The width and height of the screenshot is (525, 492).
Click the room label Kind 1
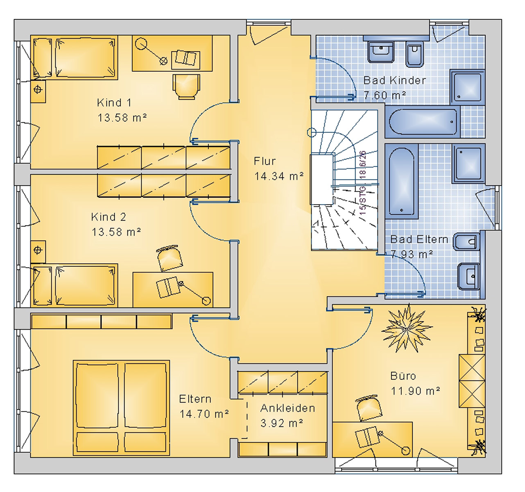(114, 102)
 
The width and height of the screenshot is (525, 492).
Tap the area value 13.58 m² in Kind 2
(116, 232)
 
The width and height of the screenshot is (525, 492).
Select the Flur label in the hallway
(265, 161)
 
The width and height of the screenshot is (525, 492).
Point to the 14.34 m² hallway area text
(279, 176)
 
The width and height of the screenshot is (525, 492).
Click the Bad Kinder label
(395, 80)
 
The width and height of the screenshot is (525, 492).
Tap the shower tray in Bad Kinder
(468, 87)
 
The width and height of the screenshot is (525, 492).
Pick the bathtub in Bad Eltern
(402, 181)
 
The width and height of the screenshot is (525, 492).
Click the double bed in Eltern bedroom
(121, 408)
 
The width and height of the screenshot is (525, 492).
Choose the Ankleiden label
(288, 408)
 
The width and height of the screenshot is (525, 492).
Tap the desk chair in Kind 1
(187, 86)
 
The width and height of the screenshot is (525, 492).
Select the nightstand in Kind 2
(38, 250)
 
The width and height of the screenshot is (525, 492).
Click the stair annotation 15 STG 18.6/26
(363, 186)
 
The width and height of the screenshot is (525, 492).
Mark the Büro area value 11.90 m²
(415, 391)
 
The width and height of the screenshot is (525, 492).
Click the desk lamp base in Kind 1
(141, 43)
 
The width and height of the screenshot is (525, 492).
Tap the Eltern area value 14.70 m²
(204, 414)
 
